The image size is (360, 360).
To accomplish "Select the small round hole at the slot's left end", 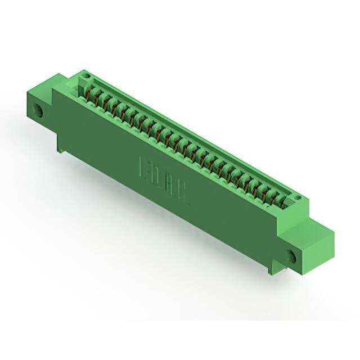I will coord(86,75).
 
